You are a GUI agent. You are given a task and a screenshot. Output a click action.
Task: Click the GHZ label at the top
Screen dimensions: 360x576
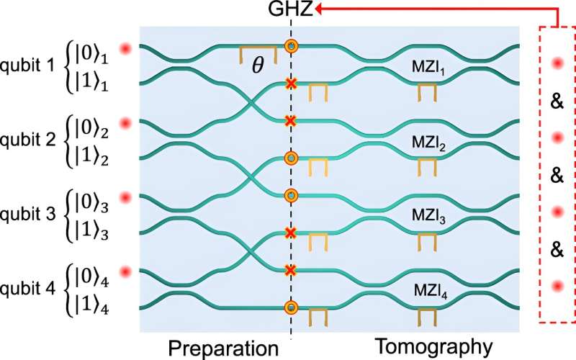(x=291, y=10)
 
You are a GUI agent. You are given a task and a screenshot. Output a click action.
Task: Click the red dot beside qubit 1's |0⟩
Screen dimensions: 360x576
(x=127, y=48)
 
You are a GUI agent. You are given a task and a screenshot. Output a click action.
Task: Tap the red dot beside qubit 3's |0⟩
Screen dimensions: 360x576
(x=127, y=197)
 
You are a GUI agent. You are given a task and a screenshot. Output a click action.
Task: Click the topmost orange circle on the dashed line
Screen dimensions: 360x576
(x=291, y=47)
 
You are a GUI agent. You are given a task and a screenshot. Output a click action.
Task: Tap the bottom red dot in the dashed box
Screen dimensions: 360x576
(x=555, y=287)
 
